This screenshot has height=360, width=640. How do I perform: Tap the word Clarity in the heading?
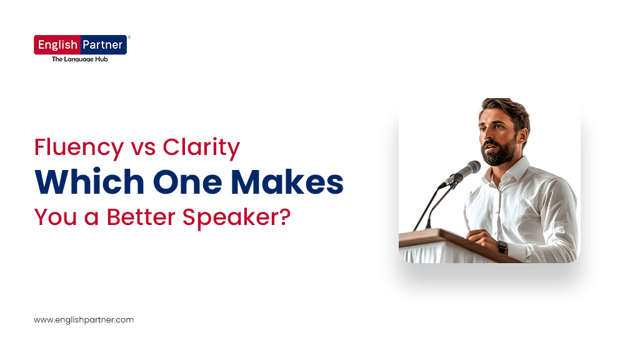201,148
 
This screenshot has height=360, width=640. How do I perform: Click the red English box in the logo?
57,45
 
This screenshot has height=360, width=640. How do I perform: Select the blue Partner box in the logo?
103,45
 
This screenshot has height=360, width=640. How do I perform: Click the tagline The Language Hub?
79,59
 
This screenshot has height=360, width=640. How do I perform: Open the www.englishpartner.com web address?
84,319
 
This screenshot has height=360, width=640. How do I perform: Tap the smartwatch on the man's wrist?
502,247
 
